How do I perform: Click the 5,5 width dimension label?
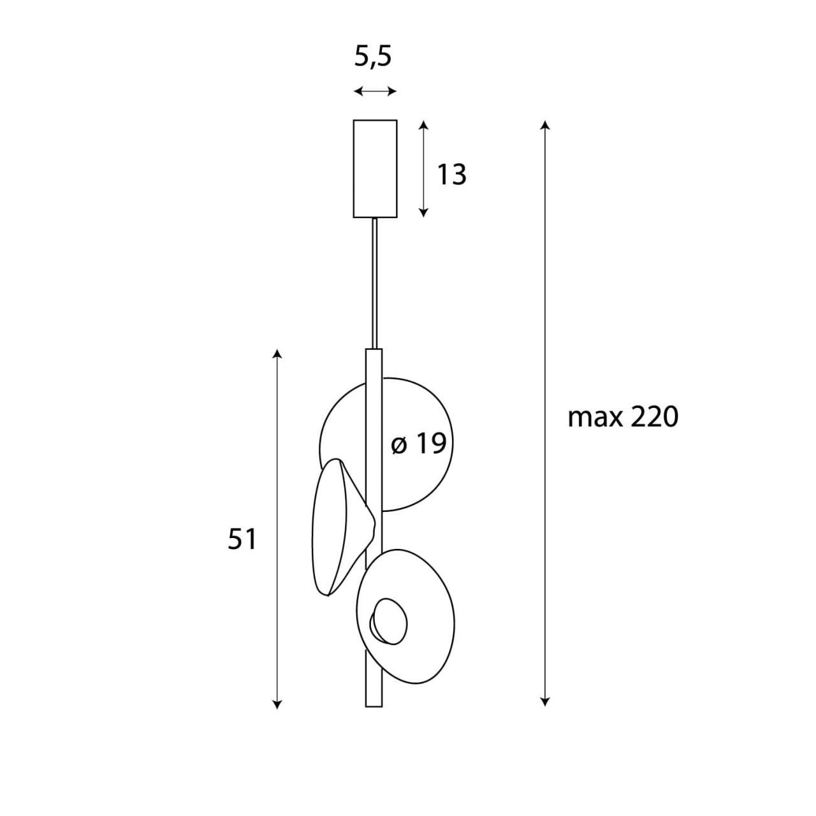click(373, 57)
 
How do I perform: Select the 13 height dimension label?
click(451, 174)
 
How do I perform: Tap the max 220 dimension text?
click(623, 418)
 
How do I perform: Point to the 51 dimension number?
click(242, 539)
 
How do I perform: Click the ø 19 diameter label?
click(418, 444)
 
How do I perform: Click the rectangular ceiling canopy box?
click(375, 168)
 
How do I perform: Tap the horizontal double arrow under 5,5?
click(375, 92)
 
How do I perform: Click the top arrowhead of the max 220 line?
click(544, 124)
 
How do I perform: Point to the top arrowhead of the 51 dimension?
click(277, 354)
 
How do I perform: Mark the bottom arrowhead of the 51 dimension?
click(277, 703)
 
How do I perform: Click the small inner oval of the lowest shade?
click(389, 621)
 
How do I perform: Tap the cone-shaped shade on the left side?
click(338, 526)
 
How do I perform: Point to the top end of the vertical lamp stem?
click(374, 352)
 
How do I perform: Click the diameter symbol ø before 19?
click(399, 445)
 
